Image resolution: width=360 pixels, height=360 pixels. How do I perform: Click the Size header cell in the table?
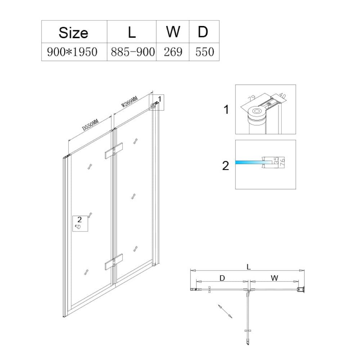click(x=73, y=33)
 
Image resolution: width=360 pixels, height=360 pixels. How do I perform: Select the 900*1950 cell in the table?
click(x=72, y=52)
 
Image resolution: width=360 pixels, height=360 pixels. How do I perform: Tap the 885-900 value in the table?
click(x=133, y=52)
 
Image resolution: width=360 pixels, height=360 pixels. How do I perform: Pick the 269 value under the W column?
click(x=173, y=52)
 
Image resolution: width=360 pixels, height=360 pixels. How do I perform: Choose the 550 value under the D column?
click(x=204, y=52)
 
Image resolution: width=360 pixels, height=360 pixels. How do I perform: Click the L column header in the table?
click(x=132, y=32)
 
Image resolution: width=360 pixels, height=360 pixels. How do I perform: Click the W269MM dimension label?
click(x=129, y=102)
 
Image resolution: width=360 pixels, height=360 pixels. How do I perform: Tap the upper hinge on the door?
click(x=114, y=151)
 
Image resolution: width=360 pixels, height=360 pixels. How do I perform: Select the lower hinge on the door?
click(x=114, y=262)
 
